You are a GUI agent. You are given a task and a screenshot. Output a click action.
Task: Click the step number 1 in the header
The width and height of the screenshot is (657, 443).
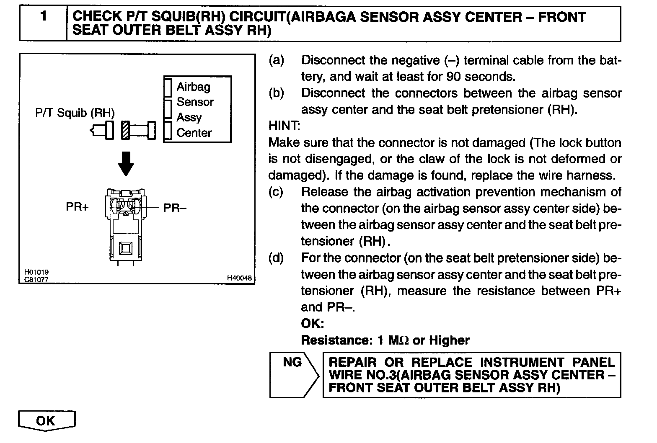(43, 17)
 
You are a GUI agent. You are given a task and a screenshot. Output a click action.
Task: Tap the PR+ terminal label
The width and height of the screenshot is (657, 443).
(77, 207)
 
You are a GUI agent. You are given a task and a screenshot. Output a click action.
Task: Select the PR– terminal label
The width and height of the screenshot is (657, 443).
(175, 208)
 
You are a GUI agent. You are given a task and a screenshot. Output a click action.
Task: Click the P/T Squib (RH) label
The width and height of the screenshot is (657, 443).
(75, 113)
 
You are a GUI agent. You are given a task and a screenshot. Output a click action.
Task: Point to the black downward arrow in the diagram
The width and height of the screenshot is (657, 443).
(126, 163)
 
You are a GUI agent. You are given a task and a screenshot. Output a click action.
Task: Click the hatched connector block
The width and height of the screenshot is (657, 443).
(125, 130)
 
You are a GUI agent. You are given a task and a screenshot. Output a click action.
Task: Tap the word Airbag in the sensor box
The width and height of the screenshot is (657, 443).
(193, 87)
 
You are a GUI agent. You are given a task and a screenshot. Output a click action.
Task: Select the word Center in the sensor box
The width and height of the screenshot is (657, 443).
(194, 133)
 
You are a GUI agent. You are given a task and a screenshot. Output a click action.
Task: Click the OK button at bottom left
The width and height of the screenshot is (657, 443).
(46, 420)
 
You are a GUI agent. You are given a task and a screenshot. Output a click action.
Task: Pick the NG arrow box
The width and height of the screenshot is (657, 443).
(293, 374)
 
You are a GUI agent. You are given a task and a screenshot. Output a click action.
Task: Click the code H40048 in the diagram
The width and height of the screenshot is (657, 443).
(240, 278)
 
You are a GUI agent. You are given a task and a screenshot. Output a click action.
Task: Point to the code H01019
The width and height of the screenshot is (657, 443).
(36, 272)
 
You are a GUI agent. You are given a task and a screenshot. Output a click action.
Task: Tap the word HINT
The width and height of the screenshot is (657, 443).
(284, 126)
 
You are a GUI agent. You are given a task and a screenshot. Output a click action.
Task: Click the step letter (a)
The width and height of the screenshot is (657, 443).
(276, 60)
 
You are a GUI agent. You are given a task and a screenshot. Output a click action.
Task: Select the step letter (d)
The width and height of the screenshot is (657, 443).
(276, 258)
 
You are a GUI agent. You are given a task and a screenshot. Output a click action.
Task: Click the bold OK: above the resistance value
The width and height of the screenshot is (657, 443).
(313, 323)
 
